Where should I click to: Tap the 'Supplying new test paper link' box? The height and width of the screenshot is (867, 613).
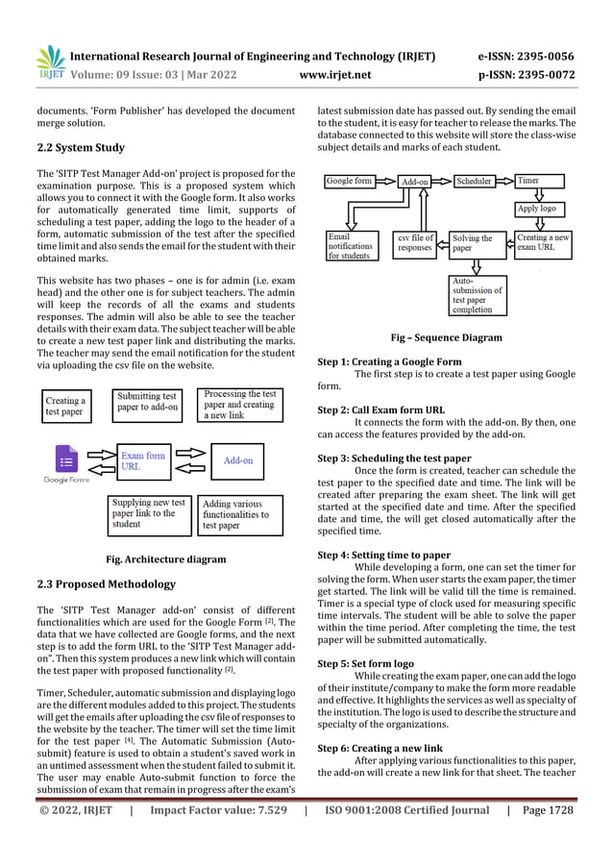(x=149, y=512)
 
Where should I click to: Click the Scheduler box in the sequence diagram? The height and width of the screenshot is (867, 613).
(x=474, y=181)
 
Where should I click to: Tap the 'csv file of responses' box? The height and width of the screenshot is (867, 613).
(x=415, y=244)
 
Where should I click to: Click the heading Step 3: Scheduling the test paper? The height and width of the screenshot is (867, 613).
(x=394, y=458)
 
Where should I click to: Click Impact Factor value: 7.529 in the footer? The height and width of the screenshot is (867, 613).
(x=218, y=839)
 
